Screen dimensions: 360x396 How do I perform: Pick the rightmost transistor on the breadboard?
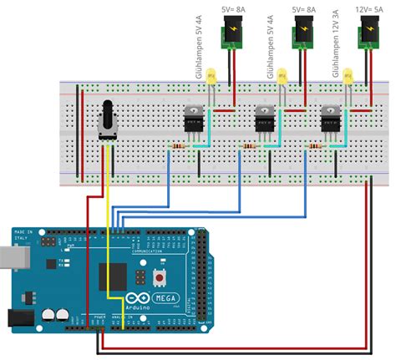click(332, 122)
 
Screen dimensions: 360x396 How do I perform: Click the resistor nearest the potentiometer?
click(177, 146)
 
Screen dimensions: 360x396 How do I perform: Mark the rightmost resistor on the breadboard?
click(314, 146)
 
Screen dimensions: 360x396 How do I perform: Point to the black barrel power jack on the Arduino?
click(20, 317)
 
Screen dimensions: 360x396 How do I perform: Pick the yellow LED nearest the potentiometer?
click(213, 76)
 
